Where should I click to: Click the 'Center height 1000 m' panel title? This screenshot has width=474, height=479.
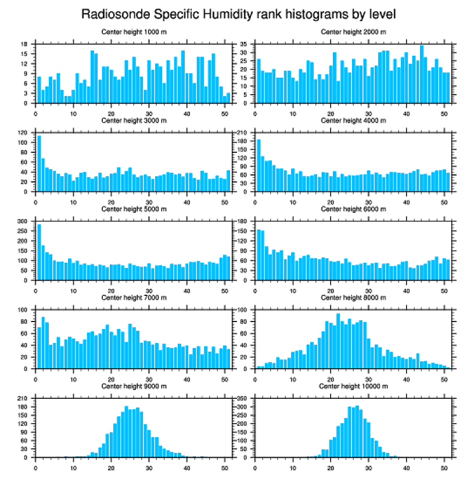tap(134, 31)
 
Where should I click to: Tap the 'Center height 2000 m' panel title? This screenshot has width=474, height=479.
tap(353, 31)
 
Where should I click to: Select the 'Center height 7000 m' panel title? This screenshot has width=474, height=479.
tap(134, 298)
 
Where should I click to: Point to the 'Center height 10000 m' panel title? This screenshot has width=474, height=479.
tap(353, 386)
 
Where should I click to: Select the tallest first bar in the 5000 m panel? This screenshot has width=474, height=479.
tap(39, 252)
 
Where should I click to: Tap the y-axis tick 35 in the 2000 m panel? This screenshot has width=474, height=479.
tap(244, 44)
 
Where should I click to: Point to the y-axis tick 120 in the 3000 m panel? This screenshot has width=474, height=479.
tap(23, 133)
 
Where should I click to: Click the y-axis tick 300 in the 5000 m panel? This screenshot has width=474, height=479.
tap(23, 221)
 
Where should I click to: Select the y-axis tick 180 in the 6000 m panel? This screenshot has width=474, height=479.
tap(243, 221)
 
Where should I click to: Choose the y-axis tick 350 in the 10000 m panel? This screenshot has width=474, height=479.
tap(243, 399)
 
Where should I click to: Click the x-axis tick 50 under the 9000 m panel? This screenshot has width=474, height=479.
tap(225, 466)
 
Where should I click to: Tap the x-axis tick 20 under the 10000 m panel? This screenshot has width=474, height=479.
tap(331, 466)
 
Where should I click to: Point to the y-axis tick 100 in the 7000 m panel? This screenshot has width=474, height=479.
tap(23, 310)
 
